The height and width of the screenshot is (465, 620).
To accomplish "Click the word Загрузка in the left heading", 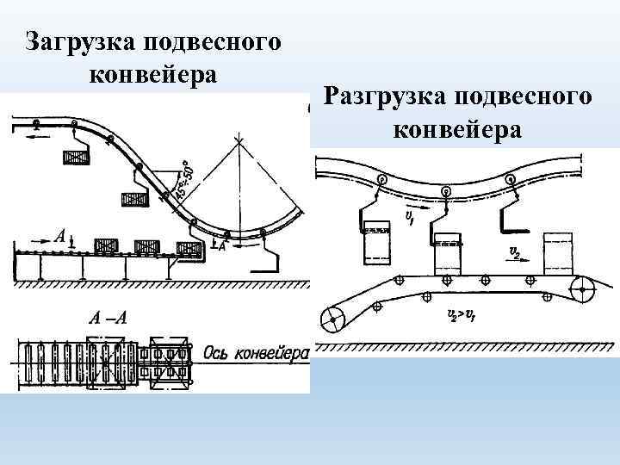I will (x=75, y=41).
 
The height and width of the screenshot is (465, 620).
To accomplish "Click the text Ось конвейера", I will (x=256, y=354).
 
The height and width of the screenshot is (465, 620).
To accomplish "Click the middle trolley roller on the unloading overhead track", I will (x=446, y=190).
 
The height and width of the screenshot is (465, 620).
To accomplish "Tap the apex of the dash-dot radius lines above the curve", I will (x=240, y=142).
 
